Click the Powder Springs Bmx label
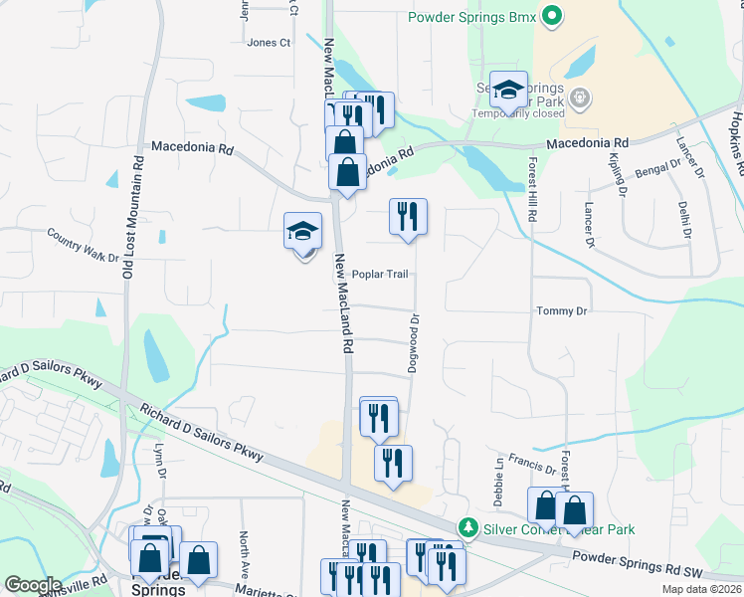(x=471, y=17)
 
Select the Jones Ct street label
(x=269, y=43)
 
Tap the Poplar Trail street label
(x=380, y=274)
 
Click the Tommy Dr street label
(x=562, y=311)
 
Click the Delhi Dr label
(x=686, y=218)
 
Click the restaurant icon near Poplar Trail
(x=408, y=217)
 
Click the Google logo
(x=33, y=585)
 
